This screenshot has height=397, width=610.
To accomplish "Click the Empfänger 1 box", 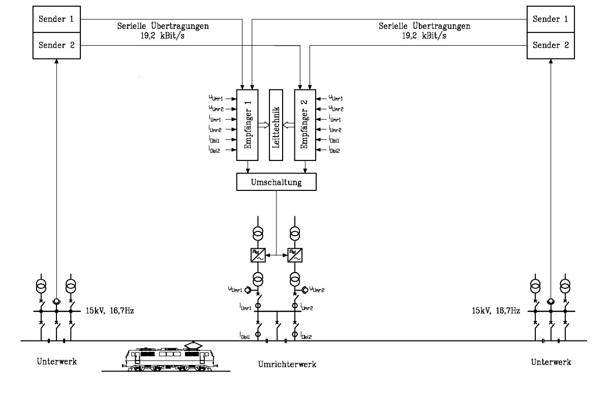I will pos(248,125).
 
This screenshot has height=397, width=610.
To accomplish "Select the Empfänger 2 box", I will pos(305,125).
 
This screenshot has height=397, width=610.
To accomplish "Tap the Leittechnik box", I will pos(276,125).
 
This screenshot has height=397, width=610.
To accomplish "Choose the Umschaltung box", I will pos(276,181).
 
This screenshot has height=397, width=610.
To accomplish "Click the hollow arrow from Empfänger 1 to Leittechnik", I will pos(264,125).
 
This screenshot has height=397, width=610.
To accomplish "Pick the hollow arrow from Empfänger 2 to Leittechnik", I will pos(288,125).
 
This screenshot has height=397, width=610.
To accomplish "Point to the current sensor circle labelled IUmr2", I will pos(294,306).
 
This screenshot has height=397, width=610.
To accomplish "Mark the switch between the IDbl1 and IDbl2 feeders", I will pos(277,321).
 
